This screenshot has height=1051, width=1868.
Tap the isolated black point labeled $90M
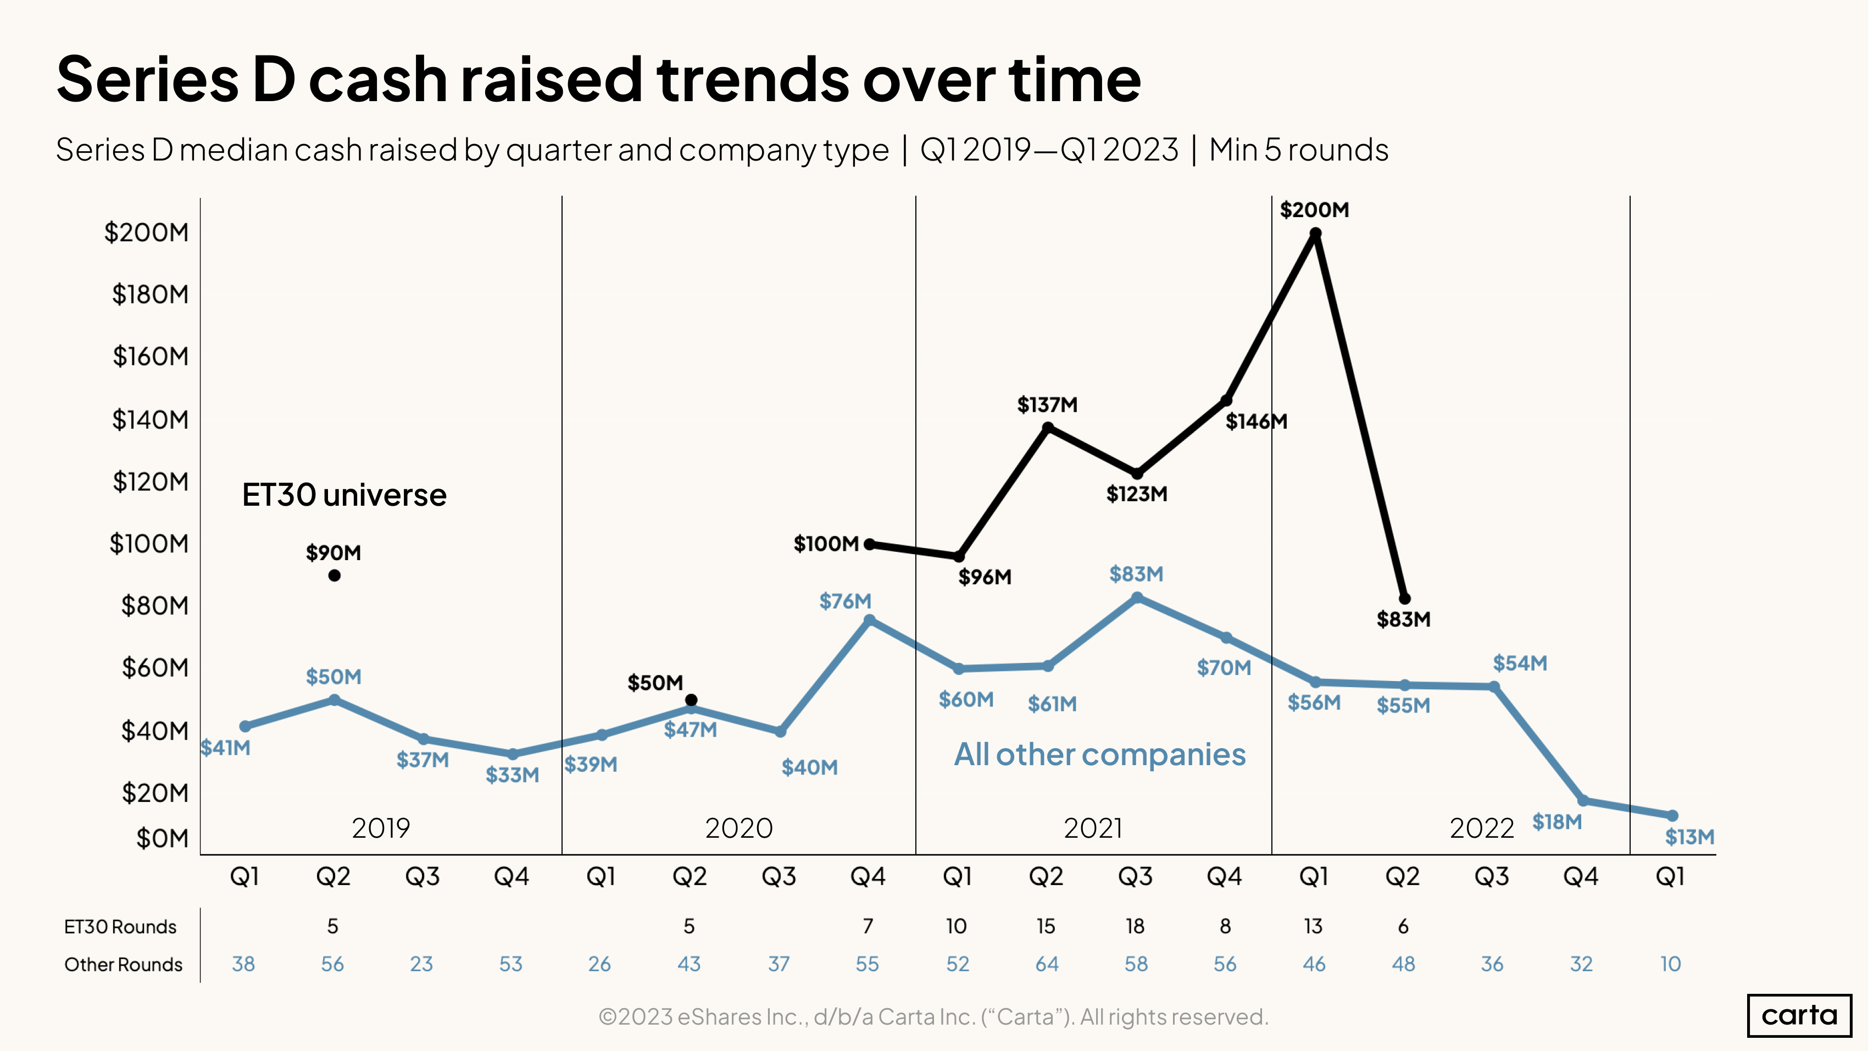click(334, 575)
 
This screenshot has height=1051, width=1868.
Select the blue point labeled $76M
click(870, 620)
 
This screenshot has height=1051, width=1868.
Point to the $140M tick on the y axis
click(150, 419)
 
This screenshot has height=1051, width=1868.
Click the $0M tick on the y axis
click(163, 838)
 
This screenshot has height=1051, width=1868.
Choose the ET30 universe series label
click(344, 495)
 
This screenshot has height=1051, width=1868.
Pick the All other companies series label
click(1099, 754)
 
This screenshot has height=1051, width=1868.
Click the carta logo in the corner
click(1799, 1015)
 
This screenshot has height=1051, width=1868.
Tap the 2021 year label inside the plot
click(1093, 828)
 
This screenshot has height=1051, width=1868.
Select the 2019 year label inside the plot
click(381, 828)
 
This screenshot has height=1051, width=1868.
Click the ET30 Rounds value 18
click(1135, 926)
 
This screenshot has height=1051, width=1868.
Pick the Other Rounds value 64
click(1047, 964)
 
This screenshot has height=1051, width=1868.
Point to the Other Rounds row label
click(123, 965)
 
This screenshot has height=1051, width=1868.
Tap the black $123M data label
click(1136, 495)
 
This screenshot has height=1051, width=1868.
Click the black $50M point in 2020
click(691, 700)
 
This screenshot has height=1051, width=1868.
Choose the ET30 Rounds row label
click(120, 927)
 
